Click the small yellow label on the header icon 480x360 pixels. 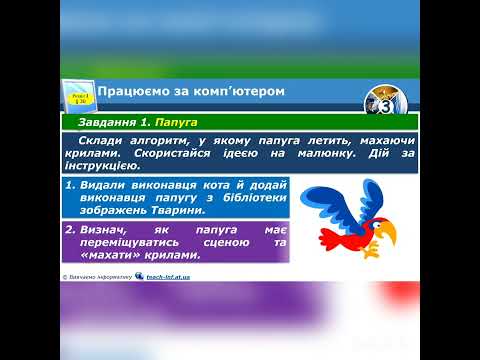(77, 95)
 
